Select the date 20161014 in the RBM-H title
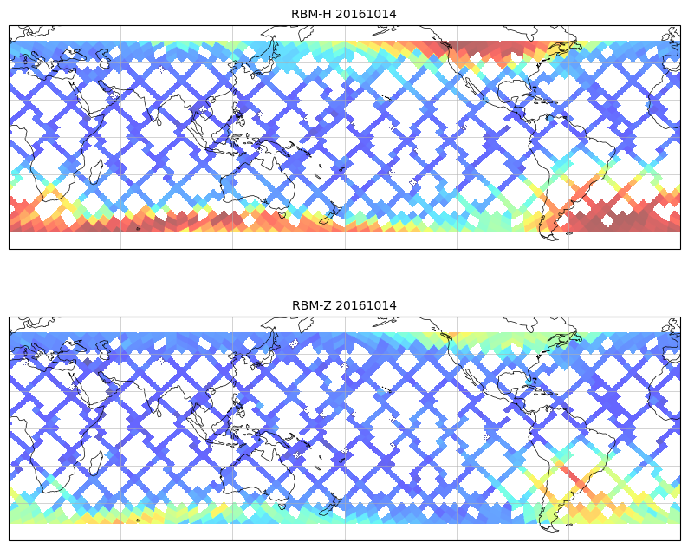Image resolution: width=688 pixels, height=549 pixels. coord(366,14)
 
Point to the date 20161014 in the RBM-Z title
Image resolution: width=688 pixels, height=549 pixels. coord(366,305)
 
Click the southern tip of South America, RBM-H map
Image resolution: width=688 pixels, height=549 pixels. coord(548,234)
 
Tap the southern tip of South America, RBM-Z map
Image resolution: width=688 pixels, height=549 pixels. coord(548,526)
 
